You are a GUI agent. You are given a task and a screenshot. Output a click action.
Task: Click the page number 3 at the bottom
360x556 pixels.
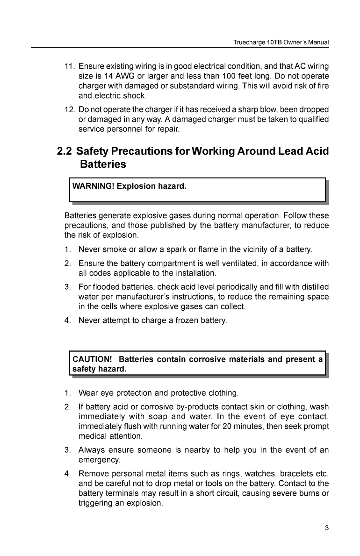click(327, 528)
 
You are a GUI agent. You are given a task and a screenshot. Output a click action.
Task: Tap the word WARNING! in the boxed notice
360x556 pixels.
click(92, 186)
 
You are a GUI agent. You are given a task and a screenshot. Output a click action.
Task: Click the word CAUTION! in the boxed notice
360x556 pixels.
click(92, 359)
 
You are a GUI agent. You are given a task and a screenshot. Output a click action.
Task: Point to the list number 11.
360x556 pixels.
click(69, 64)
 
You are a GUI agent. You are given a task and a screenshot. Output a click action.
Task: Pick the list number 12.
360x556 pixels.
click(69, 109)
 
